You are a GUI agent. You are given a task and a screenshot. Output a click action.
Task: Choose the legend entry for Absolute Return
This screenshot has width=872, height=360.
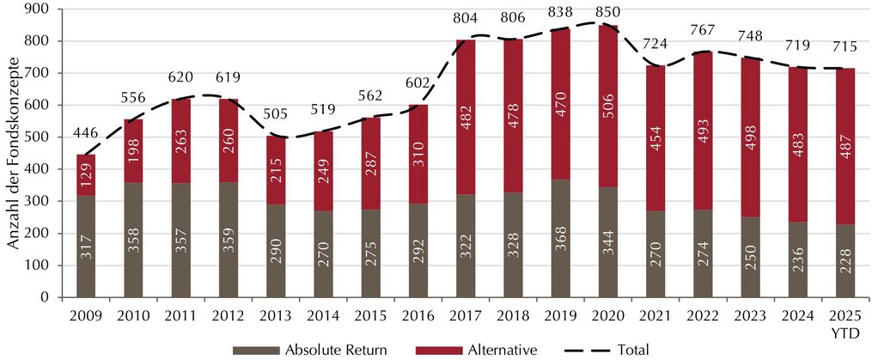pyautogui.click(x=308, y=350)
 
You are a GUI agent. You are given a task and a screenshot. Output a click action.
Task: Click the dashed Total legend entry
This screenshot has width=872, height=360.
pyautogui.click(x=607, y=350)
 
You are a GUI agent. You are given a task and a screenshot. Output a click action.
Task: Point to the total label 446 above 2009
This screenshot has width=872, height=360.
pyautogui.click(x=86, y=132)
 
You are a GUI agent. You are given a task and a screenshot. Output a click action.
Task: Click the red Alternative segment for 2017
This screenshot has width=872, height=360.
pyautogui.click(x=466, y=118)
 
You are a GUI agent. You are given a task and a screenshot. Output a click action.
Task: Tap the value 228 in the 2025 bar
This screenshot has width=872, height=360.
pyautogui.click(x=845, y=272)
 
